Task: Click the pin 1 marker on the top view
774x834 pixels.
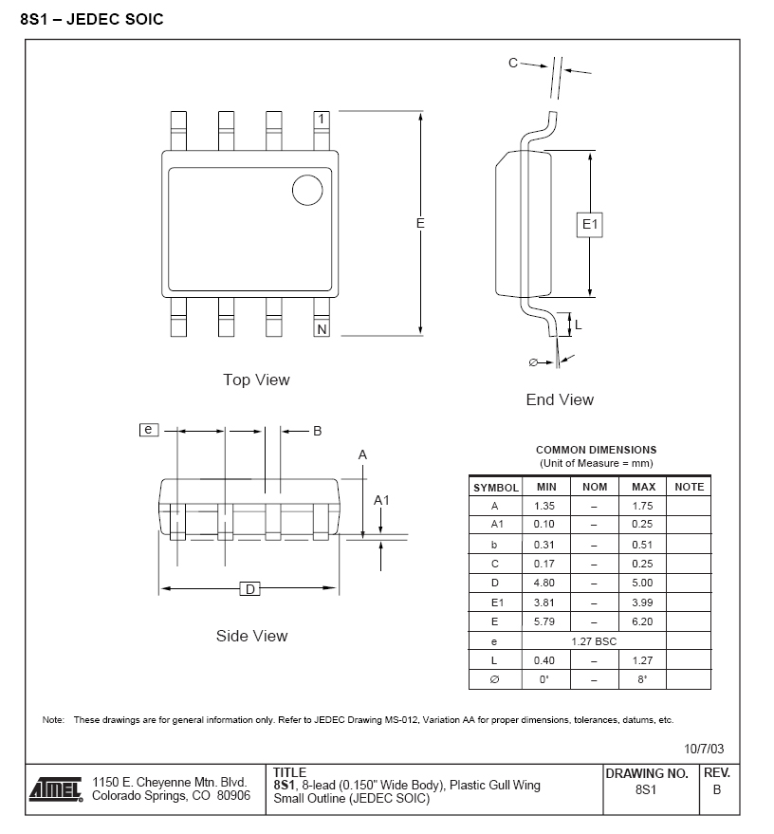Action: coord(322,119)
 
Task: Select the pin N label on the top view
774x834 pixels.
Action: coord(322,329)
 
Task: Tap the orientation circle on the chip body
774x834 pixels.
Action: coord(307,190)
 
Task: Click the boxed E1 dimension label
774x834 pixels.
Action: coord(590,225)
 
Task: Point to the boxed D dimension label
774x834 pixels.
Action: coord(249,589)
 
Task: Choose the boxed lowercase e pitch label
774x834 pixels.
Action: coord(149,429)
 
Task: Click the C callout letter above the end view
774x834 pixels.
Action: coord(513,63)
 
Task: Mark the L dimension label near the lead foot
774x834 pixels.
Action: coord(579,324)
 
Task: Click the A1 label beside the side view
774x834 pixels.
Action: coord(381,500)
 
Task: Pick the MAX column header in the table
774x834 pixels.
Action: coord(643,487)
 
